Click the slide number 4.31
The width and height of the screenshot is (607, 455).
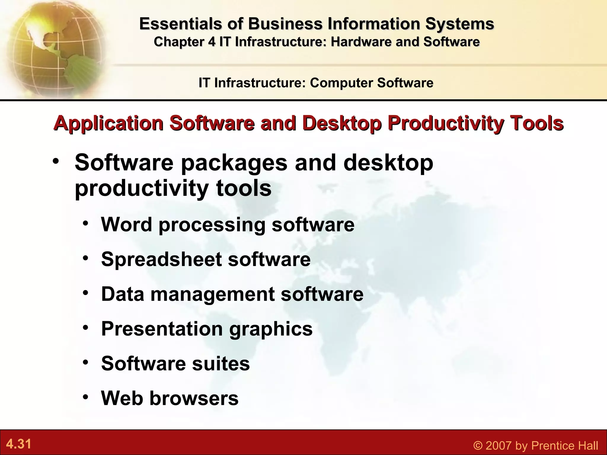(x=19, y=444)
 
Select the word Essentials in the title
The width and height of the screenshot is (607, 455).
(x=180, y=24)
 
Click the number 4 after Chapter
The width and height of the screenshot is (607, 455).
(x=212, y=42)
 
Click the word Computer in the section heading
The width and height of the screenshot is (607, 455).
(x=341, y=83)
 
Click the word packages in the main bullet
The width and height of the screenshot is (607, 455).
(x=234, y=163)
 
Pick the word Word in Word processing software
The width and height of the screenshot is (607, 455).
(x=126, y=224)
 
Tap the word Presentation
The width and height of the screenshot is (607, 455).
(x=162, y=329)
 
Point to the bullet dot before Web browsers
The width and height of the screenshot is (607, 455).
(x=86, y=397)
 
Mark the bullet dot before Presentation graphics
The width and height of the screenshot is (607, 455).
(x=86, y=328)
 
